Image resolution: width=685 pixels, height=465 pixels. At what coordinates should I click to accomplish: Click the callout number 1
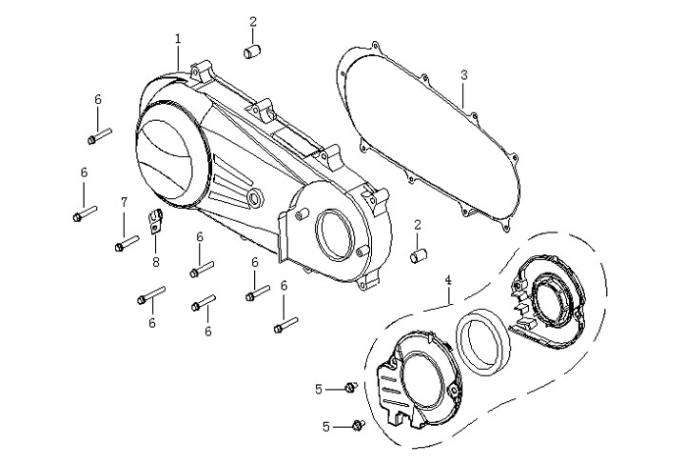178,38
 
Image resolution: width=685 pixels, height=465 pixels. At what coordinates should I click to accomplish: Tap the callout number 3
463,74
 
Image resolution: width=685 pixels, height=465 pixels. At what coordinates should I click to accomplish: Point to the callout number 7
124,202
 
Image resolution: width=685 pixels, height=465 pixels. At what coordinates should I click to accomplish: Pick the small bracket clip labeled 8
156,226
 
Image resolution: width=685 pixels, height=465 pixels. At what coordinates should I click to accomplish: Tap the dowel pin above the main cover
253,51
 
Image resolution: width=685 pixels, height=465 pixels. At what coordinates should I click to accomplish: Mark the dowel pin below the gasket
417,254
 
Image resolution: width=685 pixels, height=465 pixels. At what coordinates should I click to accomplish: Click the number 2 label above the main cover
253,21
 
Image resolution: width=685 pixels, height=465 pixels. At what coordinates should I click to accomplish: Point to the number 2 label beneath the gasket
417,224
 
